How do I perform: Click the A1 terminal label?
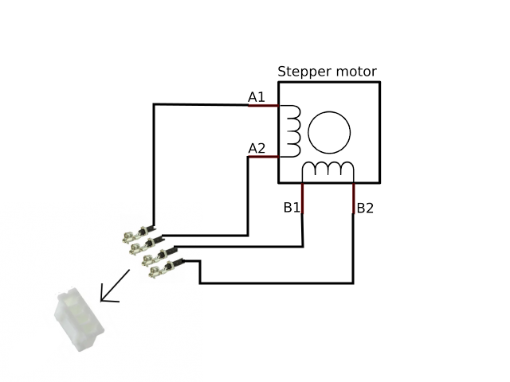pyautogui.click(x=256, y=97)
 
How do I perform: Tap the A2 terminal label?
pyautogui.click(x=257, y=148)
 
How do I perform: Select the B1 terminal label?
pyautogui.click(x=292, y=208)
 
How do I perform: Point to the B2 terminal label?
pyautogui.click(x=365, y=209)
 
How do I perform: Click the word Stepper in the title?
pyautogui.click(x=302, y=72)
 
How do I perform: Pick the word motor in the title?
pyautogui.click(x=354, y=72)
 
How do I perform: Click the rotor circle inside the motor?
pyautogui.click(x=329, y=132)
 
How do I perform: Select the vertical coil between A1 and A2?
pyautogui.click(x=291, y=131)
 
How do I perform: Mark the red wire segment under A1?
pyautogui.click(x=262, y=106)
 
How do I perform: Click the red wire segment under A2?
pyautogui.click(x=262, y=157)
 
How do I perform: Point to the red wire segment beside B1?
pyautogui.click(x=303, y=198)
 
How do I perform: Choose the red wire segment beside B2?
pyautogui.click(x=353, y=198)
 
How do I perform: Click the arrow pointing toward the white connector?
pyautogui.click(x=115, y=286)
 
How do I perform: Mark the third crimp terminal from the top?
pyautogui.click(x=157, y=257)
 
